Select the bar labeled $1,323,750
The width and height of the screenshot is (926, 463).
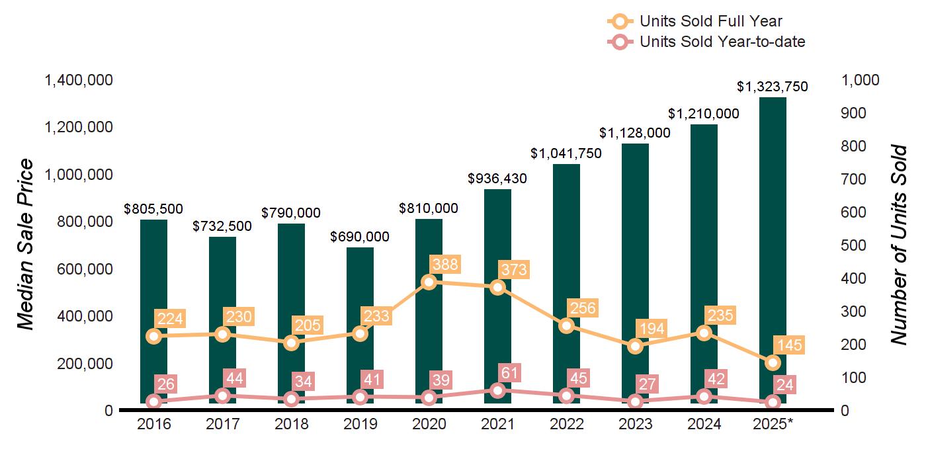[773, 251]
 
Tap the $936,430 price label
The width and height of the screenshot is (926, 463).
[497, 179]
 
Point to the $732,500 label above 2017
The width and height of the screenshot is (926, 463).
[222, 226]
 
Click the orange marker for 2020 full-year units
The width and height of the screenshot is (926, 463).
[429, 282]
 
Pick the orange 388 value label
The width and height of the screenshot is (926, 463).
[444, 265]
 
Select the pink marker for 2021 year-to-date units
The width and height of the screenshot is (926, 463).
[498, 390]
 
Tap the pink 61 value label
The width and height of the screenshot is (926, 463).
[508, 372]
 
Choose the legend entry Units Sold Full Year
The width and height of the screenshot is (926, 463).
[710, 21]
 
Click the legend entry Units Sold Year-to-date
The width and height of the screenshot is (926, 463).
[722, 42]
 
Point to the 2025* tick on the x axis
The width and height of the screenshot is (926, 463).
[773, 424]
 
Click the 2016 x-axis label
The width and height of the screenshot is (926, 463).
[154, 424]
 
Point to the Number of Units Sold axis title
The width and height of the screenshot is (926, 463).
[898, 245]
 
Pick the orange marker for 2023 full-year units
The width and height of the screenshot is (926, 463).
[636, 346]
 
